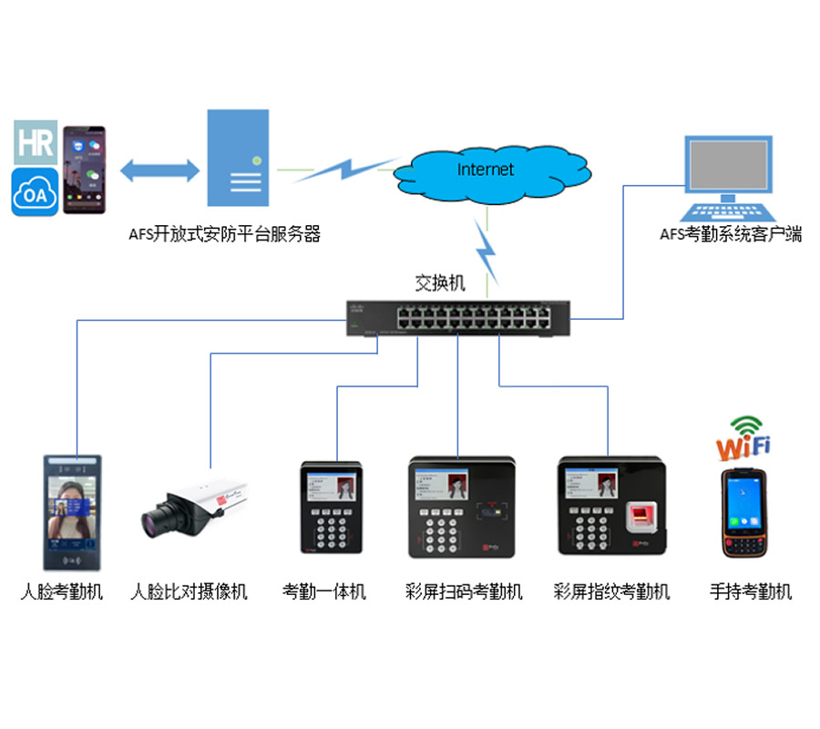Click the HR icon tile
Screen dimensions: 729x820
pos(35,142)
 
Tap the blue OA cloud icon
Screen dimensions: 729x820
pos(35,191)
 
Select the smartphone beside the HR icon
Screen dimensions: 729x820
pos(84,170)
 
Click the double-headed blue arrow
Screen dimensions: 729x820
pos(159,169)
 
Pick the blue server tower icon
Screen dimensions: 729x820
pos(238,158)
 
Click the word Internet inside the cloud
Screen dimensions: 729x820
pos(485,169)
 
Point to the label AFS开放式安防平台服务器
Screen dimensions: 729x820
pos(224,234)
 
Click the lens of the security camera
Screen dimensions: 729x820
pos(154,522)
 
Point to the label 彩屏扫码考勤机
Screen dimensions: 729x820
pos(464,592)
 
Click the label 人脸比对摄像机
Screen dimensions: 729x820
pos(189,592)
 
